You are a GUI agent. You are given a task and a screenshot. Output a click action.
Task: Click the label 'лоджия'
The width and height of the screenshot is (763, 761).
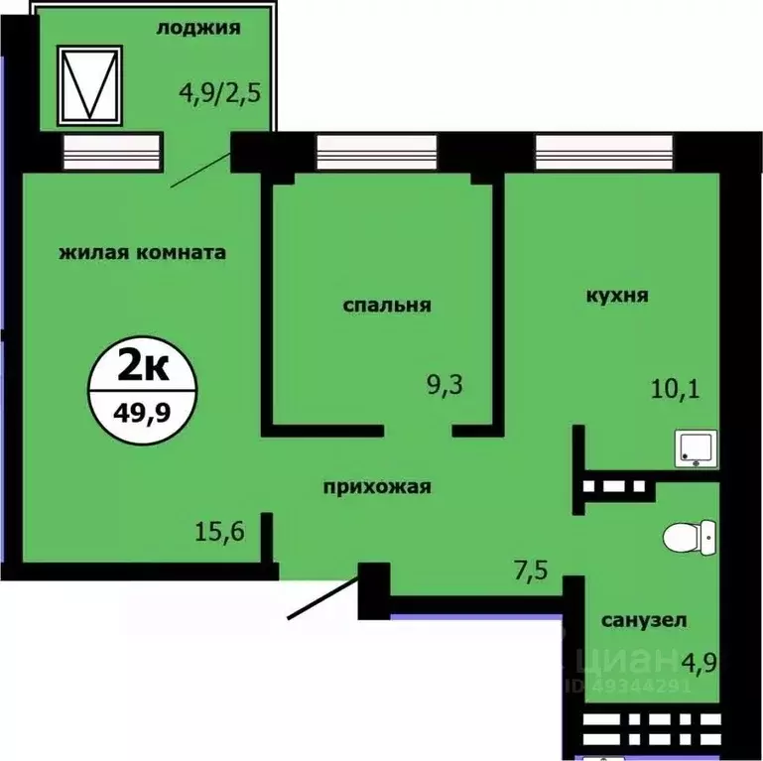[x=198, y=28]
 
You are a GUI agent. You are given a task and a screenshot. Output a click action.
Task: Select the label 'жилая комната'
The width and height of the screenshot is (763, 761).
[x=143, y=252]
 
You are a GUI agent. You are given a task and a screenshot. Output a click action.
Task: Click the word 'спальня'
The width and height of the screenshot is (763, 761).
[x=387, y=305]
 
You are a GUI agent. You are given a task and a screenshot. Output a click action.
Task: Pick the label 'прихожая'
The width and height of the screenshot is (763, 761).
[x=376, y=486]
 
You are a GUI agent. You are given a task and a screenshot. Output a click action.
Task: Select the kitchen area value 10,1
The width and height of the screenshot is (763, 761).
[x=676, y=388]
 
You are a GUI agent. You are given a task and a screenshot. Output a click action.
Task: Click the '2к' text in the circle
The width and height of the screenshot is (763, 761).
[x=143, y=368]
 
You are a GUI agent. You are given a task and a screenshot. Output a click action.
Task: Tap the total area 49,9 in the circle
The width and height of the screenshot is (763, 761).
[x=143, y=408]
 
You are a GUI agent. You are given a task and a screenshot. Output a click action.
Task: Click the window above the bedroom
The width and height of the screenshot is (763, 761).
[x=376, y=153]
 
